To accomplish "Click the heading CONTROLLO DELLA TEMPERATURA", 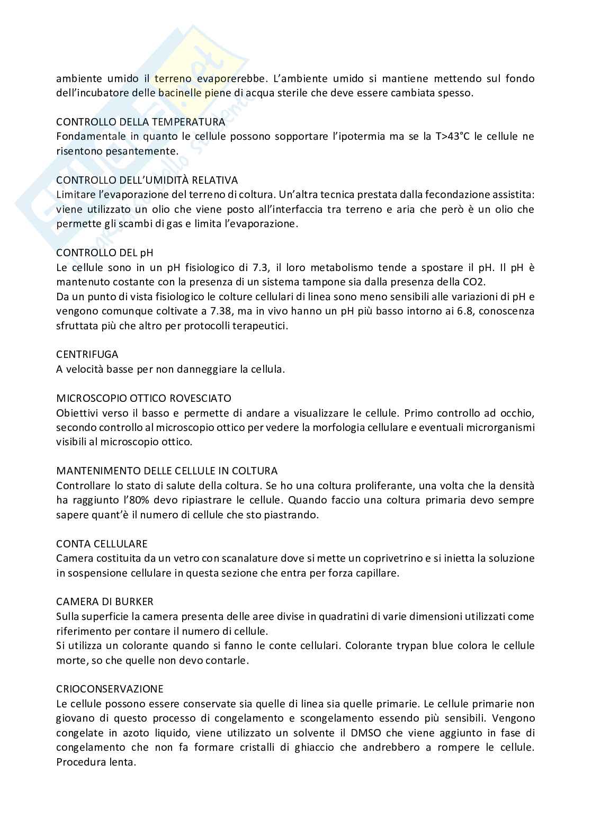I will tap(140, 122).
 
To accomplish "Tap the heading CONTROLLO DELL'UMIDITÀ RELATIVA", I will tap(147, 180).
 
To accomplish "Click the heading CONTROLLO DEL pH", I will tap(105, 253).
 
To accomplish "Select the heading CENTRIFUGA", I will tap(87, 354).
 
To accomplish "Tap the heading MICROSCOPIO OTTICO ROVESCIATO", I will tap(144, 398).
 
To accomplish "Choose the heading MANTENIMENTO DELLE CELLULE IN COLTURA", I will tap(167, 471).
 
